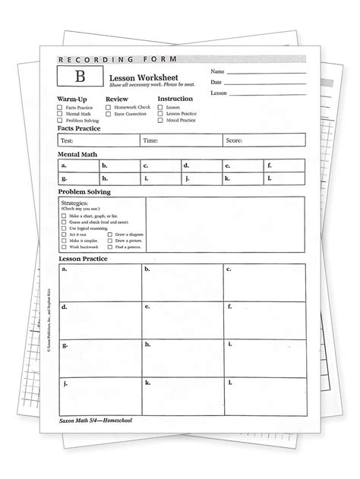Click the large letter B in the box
(x=78, y=76)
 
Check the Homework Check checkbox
(x=109, y=108)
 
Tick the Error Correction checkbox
(x=109, y=114)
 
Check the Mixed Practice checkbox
(x=161, y=120)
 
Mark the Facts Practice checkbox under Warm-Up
(x=59, y=108)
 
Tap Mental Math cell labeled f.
(x=284, y=165)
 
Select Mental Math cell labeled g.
(x=79, y=178)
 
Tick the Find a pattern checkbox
(x=111, y=246)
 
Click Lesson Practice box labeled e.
(x=182, y=319)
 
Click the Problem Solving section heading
(x=84, y=192)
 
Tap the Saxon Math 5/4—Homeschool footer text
(x=95, y=430)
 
